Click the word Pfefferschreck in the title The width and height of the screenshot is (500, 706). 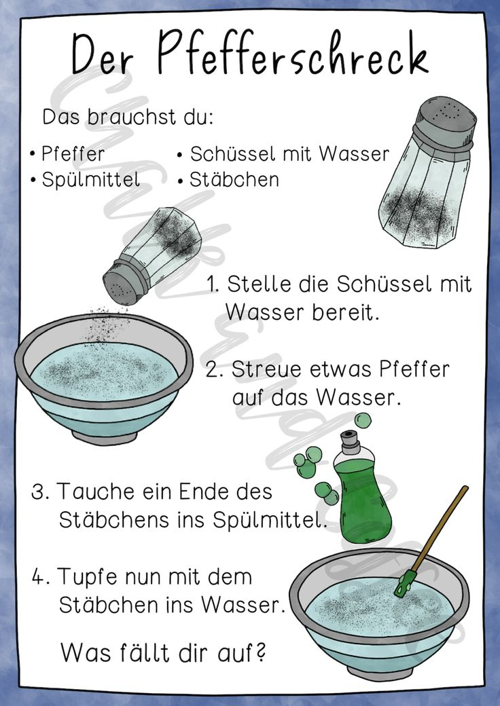(x=292, y=53)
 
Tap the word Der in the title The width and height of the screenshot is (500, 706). (x=102, y=54)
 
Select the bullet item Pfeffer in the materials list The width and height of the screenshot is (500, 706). (x=73, y=154)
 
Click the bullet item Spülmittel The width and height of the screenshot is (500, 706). (x=91, y=180)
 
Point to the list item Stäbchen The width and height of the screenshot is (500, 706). (x=234, y=179)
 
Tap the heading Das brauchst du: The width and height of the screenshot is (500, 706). (x=128, y=117)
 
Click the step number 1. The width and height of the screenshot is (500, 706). (x=212, y=284)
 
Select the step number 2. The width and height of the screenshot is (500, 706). (x=213, y=370)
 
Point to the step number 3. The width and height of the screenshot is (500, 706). (x=41, y=491)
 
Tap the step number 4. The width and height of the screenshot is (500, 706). (x=41, y=577)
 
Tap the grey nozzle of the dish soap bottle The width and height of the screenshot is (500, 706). (x=351, y=442)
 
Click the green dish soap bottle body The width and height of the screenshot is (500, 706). (x=363, y=497)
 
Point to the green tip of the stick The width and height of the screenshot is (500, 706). (x=404, y=584)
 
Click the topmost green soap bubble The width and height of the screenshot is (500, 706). (x=363, y=420)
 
